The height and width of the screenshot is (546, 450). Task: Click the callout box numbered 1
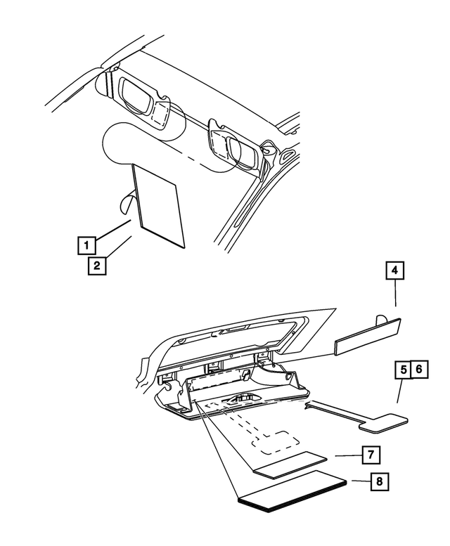(86, 245)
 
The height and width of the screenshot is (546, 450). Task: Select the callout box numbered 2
(97, 266)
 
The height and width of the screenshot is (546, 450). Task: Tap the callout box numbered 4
(394, 271)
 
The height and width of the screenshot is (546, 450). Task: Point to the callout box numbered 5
(404, 370)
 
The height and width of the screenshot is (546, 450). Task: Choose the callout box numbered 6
(419, 369)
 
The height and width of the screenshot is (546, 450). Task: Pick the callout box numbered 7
(371, 455)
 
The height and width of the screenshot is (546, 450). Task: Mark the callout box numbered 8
(379, 481)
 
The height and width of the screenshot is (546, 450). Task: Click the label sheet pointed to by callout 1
(159, 206)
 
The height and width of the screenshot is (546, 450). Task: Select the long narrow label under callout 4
(368, 337)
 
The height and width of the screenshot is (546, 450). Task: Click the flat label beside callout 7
(290, 464)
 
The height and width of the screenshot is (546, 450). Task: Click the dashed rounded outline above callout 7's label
(276, 442)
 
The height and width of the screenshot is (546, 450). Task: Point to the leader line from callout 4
(395, 293)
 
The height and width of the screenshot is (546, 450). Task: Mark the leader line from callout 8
(361, 481)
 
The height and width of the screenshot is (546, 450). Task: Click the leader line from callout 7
(348, 455)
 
